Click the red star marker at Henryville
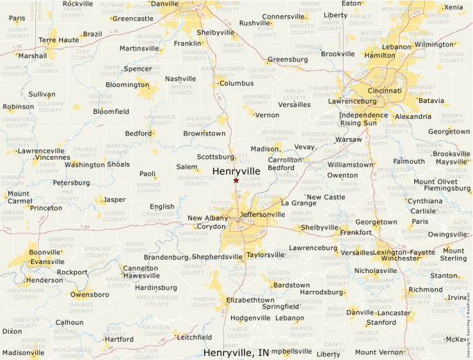point(236,180)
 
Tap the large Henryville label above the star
point(236,171)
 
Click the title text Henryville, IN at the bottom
point(236,352)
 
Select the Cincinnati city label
point(384,91)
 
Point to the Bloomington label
point(127,85)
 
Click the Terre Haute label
point(59,40)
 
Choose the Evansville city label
point(48,262)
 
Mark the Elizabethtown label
point(250,300)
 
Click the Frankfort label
point(356,233)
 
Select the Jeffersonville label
point(261,215)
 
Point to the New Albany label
point(207,218)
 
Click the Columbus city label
point(236,84)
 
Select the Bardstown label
point(291,285)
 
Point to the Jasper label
point(113,200)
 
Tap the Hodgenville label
point(250,318)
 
